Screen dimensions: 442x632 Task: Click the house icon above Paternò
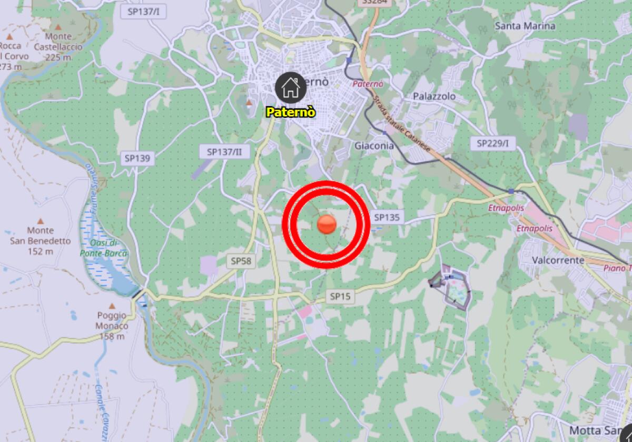[x=290, y=87]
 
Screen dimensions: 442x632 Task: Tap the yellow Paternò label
[x=291, y=112]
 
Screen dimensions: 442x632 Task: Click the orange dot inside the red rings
[x=327, y=224]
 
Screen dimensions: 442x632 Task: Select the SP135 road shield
[x=387, y=217]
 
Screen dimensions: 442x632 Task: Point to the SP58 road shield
[x=241, y=260]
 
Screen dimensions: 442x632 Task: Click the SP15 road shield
[x=340, y=297]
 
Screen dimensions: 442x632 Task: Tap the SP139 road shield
[x=137, y=158]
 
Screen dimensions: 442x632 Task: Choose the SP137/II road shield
[x=224, y=152]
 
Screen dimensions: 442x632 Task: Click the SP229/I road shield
[x=492, y=143]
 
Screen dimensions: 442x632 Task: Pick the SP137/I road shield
[x=143, y=11]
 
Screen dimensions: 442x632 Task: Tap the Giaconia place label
[x=374, y=146]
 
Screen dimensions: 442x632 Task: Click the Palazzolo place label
[x=434, y=96]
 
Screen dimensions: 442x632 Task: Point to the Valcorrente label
[x=558, y=260]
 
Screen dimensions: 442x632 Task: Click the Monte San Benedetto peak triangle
[x=41, y=221]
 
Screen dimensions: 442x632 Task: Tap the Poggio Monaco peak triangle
[x=112, y=306]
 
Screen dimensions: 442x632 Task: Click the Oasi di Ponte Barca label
[x=104, y=248]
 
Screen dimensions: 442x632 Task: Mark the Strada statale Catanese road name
[x=405, y=125]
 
